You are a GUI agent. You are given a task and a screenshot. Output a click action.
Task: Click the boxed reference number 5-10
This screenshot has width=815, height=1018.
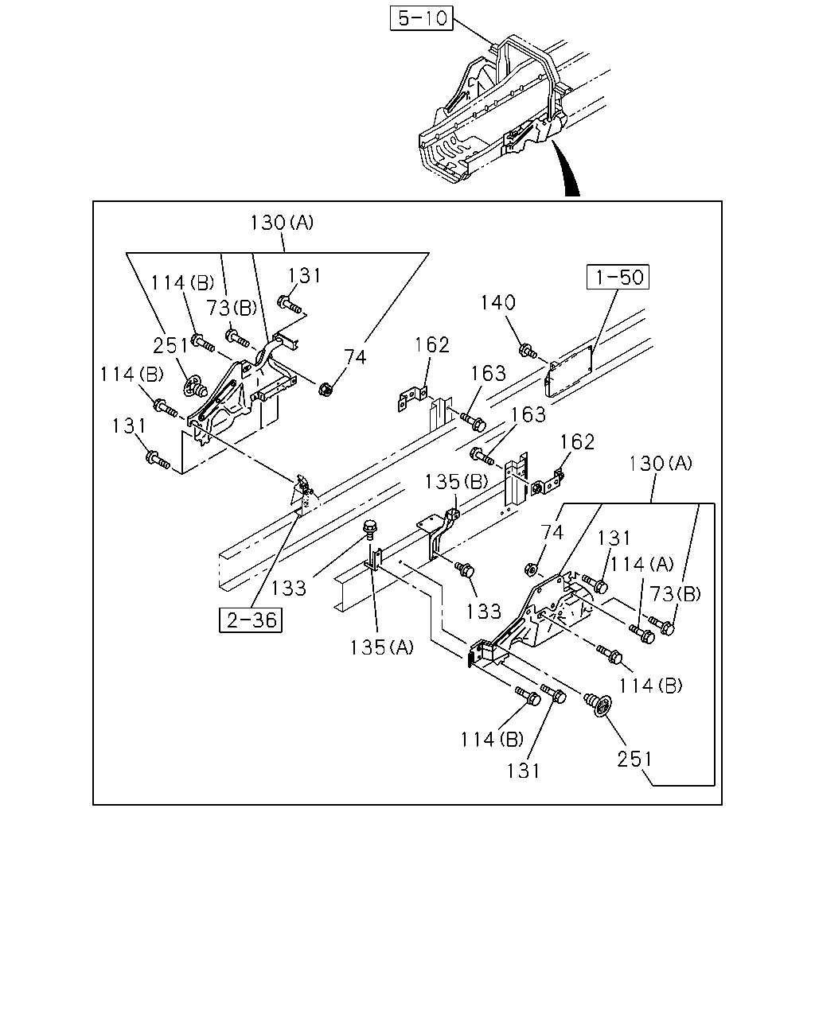[x=421, y=18]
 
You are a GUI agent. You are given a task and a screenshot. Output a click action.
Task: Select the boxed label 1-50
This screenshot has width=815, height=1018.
[x=618, y=277]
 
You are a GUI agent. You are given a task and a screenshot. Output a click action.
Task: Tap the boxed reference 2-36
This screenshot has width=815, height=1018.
[x=251, y=620]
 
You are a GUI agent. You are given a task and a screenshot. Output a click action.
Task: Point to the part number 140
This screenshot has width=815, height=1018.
[x=497, y=302]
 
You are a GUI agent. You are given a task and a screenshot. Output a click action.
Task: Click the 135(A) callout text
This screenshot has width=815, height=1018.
[x=381, y=647]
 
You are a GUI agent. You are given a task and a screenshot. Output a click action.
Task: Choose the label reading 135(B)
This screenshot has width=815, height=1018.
[x=456, y=482]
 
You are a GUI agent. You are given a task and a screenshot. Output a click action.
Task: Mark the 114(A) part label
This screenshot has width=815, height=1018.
[x=641, y=565]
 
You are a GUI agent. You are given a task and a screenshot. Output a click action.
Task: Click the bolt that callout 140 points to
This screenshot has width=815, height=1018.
[x=528, y=351]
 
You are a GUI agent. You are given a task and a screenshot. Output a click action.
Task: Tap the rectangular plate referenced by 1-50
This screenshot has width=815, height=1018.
[x=569, y=371]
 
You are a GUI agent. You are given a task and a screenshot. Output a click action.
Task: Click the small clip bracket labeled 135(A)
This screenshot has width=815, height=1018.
[x=373, y=560]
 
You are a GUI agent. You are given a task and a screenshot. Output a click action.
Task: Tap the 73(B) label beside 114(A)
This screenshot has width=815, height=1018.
[x=674, y=593]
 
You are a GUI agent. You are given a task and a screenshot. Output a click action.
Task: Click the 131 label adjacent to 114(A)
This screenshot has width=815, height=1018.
[x=614, y=538]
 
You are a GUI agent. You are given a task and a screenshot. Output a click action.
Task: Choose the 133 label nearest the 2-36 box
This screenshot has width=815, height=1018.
[x=288, y=589]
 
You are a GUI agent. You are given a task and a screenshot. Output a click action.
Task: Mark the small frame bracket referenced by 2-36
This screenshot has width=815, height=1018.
[x=303, y=495]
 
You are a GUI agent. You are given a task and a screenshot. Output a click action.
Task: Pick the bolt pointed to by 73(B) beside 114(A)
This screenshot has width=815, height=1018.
[x=661, y=625]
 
